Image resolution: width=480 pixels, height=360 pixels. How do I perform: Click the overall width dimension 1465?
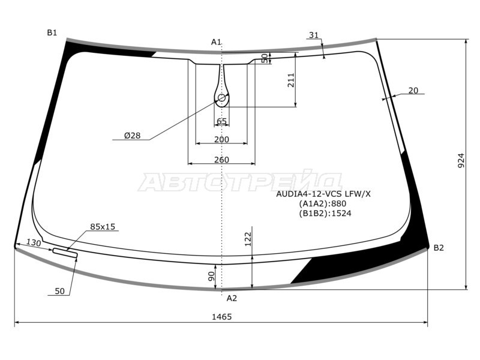tap(221, 317)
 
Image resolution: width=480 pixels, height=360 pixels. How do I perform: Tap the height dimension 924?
tap(461, 160)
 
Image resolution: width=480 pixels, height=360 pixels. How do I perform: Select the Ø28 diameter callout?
tap(132, 136)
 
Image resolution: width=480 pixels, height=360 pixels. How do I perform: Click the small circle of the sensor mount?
tap(221, 98)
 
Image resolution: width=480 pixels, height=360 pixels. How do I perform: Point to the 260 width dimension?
tap(221, 160)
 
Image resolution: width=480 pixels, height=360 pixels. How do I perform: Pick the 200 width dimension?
tap(221, 140)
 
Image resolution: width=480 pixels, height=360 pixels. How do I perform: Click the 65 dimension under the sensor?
tap(221, 122)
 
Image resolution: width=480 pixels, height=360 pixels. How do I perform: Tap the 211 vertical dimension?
tap(291, 80)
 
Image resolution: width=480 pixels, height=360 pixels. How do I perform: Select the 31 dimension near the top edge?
tap(313, 35)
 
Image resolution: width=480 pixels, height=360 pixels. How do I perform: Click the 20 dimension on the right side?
tap(413, 91)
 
